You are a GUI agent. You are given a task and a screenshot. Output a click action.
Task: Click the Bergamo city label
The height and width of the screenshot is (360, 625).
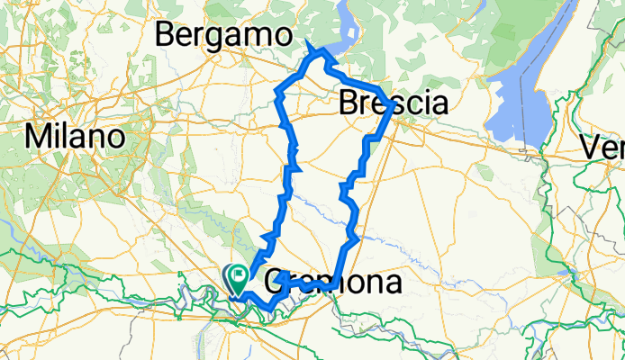click(x=224, y=35)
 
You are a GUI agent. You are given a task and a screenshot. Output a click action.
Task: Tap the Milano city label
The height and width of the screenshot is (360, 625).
click(x=75, y=138)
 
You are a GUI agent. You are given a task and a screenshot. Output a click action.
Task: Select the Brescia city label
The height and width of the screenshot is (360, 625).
click(x=393, y=104)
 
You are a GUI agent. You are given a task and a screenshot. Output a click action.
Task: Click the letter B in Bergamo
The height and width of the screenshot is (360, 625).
click(x=167, y=35)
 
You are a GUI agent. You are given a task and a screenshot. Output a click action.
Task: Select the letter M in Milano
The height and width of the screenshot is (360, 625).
click(x=37, y=138)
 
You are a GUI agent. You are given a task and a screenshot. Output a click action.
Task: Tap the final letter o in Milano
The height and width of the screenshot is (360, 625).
click(x=113, y=139)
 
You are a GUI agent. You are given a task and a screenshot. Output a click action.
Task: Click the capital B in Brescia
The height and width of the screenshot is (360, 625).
click(x=349, y=104)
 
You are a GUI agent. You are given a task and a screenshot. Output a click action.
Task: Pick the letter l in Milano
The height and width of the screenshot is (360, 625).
click(x=63, y=137)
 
